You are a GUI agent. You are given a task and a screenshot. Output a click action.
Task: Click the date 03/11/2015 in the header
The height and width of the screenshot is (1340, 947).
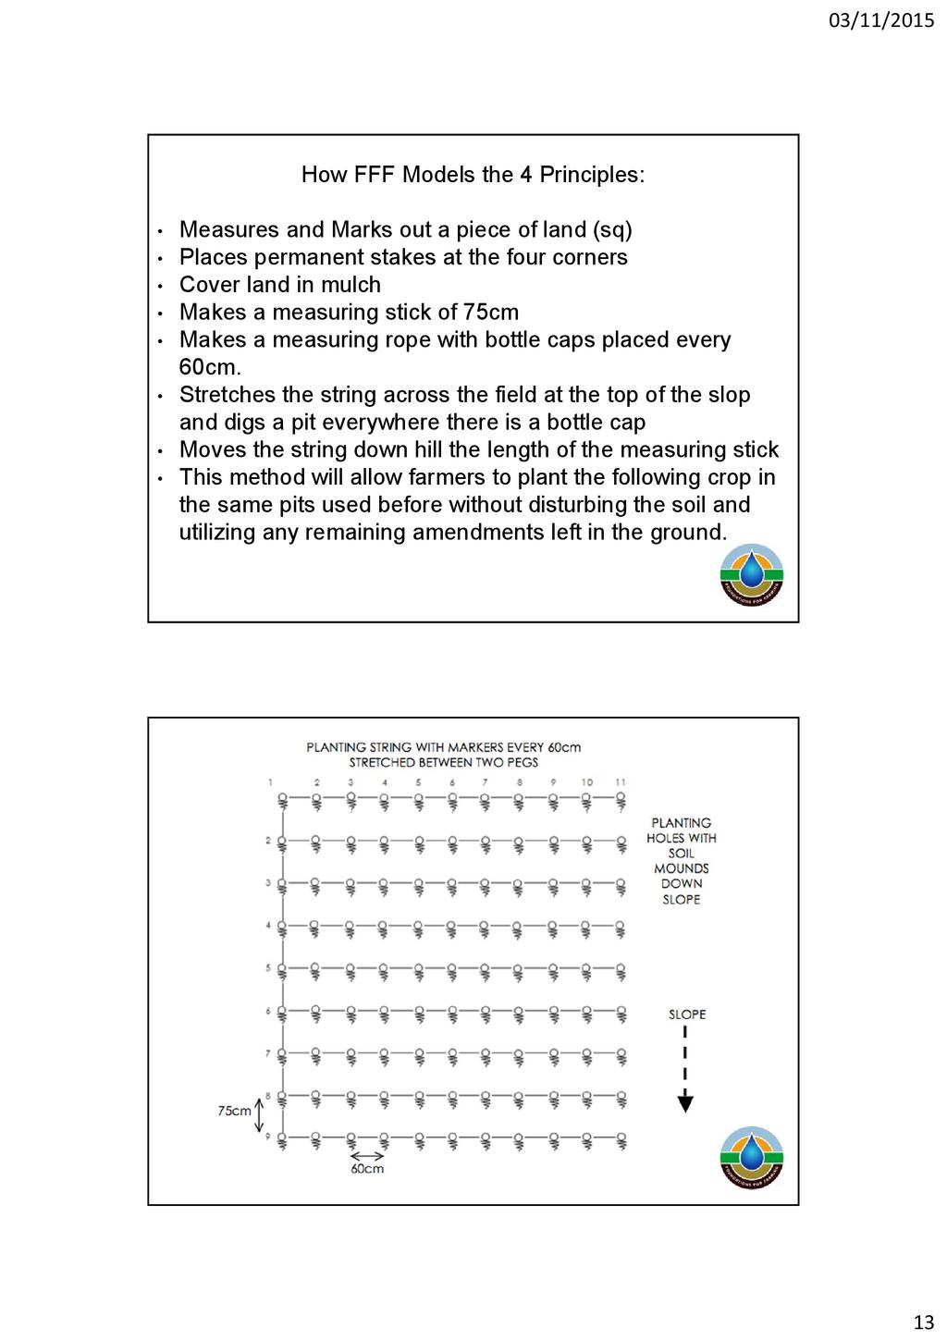click(x=880, y=19)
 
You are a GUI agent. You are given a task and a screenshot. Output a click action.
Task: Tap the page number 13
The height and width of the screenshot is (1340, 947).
click(x=923, y=1322)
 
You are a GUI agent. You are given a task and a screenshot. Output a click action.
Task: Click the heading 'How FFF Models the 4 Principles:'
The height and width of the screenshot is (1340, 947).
click(x=473, y=175)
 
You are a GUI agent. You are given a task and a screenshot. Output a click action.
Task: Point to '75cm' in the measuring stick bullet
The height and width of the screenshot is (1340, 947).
click(x=491, y=313)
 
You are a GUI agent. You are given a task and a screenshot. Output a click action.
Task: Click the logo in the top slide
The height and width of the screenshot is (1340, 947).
click(x=752, y=574)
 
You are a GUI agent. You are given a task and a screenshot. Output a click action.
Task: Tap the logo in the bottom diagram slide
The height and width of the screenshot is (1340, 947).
click(x=752, y=1157)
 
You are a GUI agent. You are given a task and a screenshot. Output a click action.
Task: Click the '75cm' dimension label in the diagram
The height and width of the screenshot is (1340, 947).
click(x=234, y=1111)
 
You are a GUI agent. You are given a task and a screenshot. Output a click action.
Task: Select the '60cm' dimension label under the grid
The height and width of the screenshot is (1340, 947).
click(x=367, y=1169)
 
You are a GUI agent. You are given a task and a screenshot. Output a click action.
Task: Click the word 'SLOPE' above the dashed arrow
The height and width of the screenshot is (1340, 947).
click(x=687, y=1014)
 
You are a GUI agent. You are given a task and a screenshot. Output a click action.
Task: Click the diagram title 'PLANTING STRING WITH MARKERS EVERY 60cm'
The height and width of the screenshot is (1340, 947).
click(x=444, y=747)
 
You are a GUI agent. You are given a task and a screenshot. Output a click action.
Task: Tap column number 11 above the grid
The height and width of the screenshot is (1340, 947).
click(x=621, y=782)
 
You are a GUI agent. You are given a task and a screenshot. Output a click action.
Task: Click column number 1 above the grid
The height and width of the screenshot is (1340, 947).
click(x=271, y=782)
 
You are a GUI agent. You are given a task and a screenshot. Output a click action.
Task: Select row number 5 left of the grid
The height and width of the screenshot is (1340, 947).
click(x=268, y=968)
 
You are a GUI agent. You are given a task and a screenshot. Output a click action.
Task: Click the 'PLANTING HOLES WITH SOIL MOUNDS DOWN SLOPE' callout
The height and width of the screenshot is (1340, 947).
click(x=682, y=861)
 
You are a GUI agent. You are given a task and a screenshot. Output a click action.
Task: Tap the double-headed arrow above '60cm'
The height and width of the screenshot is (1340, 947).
click(x=367, y=1155)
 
